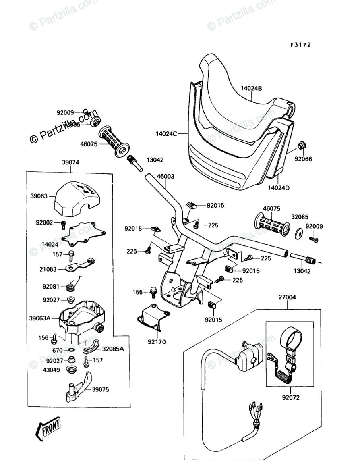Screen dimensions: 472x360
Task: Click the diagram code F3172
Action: point(301,46)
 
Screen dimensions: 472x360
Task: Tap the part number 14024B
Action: point(252,88)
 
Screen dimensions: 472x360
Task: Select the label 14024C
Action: point(167,132)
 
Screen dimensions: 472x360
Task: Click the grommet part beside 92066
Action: point(301,145)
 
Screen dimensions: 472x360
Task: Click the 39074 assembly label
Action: point(70,162)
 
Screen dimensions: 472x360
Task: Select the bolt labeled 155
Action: point(153,291)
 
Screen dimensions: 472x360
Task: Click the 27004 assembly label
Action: point(287,297)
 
